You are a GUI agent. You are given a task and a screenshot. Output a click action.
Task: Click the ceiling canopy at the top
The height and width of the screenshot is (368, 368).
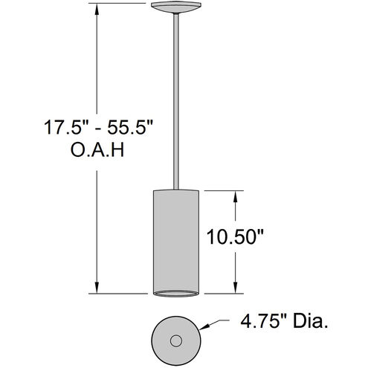tap(175, 8)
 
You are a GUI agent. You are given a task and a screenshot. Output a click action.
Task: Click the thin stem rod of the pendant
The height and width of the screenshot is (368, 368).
tap(175, 97)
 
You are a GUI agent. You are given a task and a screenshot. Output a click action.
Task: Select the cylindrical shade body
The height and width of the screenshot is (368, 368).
tap(175, 238)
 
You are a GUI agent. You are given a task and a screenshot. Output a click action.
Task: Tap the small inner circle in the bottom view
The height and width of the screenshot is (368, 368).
tap(176, 340)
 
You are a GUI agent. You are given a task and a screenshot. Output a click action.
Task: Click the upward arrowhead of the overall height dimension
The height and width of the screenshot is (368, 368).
tap(96, 10)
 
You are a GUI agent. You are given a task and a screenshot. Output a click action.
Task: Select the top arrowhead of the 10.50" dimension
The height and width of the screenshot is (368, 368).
tap(236, 195)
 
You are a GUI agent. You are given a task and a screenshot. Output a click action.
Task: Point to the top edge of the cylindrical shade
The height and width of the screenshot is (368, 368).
tap(175, 190)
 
